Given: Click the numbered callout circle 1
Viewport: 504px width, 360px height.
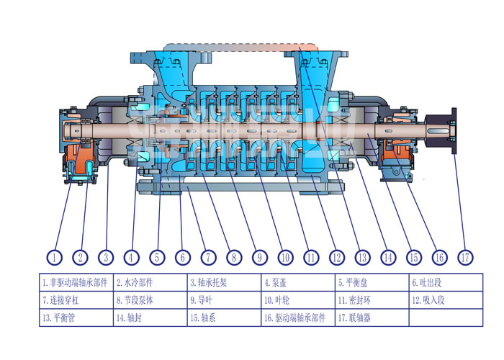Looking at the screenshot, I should pyautogui.click(x=55, y=256).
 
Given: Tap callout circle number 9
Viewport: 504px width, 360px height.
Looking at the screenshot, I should pyautogui.click(x=260, y=256).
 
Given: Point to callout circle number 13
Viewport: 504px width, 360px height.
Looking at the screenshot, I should pyautogui.click(x=362, y=256).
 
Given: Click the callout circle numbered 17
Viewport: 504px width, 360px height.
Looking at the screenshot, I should pyautogui.click(x=464, y=256).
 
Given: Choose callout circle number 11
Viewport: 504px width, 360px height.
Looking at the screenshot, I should pyautogui.click(x=311, y=256).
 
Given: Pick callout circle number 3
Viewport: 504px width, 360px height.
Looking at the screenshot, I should pyautogui.click(x=107, y=256).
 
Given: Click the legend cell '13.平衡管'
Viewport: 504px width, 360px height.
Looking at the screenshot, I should pyautogui.click(x=76, y=317).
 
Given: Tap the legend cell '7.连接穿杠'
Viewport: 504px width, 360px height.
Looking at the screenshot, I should pyautogui.click(x=76, y=300).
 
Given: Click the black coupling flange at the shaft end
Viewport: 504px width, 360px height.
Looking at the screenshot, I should pyautogui.click(x=454, y=131).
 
